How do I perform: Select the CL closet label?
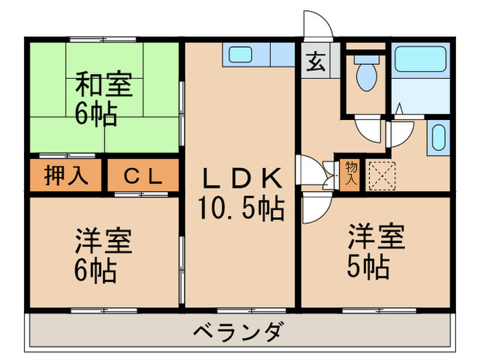click(x=143, y=176)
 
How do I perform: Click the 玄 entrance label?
click(x=315, y=62)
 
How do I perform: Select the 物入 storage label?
click(x=351, y=173)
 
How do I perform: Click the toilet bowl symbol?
click(x=365, y=76)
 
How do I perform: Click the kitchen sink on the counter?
click(x=239, y=54)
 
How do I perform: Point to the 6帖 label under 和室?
click(x=96, y=112)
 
